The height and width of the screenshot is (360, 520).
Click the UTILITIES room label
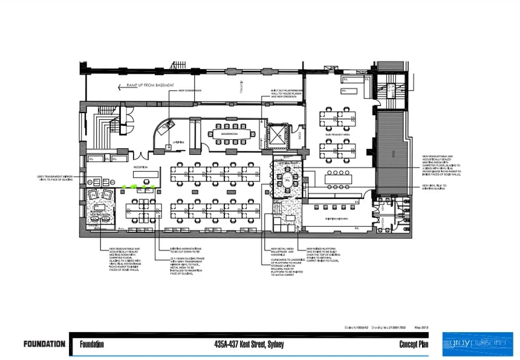coord(177,142)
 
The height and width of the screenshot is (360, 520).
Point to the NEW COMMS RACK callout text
coord(189,91)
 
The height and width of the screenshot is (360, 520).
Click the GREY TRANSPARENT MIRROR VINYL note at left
coord(55,178)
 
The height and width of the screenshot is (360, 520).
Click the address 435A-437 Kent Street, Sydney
coord(249,345)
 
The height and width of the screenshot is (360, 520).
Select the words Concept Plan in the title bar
coord(414,345)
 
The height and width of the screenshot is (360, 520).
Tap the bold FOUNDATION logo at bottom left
coord(44,344)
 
